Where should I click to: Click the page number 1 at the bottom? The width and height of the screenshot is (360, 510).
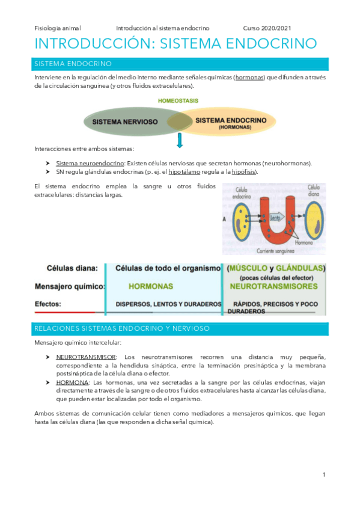pos(324,475)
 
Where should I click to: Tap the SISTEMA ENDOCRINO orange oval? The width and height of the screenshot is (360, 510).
pos(231,122)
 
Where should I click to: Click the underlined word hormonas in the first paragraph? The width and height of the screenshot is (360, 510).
pos(249,78)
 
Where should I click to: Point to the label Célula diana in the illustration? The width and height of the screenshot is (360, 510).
pos(314,191)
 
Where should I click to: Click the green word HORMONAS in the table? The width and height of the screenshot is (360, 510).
pos(151,287)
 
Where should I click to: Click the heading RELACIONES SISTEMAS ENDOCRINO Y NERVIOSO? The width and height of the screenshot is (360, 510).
pos(122,328)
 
